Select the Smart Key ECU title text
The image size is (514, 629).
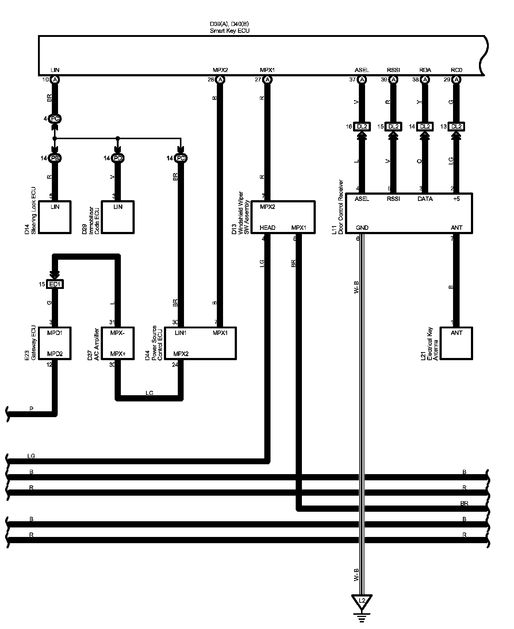click(x=230, y=31)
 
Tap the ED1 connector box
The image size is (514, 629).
click(x=55, y=284)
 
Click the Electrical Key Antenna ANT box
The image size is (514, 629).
click(x=456, y=343)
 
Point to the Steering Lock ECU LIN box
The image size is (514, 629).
click(x=55, y=217)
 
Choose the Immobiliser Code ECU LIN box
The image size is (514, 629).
click(x=118, y=217)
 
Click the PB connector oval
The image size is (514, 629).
click(x=55, y=158)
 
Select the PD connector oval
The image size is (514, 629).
click(x=118, y=158)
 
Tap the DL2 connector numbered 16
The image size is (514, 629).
click(x=362, y=126)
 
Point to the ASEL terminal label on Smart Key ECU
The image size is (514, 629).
click(x=362, y=70)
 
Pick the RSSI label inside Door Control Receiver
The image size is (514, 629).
click(x=394, y=199)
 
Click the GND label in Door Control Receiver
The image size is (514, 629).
click(x=362, y=228)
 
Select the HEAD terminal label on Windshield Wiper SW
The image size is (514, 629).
click(x=268, y=228)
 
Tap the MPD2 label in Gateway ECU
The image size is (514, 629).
click(x=55, y=354)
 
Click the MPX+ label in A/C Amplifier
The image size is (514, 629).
click(x=118, y=354)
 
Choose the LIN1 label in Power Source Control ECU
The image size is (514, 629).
click(x=181, y=333)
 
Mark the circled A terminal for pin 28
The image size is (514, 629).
click(x=220, y=79)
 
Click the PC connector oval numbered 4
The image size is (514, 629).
click(x=55, y=119)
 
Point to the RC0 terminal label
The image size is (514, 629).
click(x=456, y=70)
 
